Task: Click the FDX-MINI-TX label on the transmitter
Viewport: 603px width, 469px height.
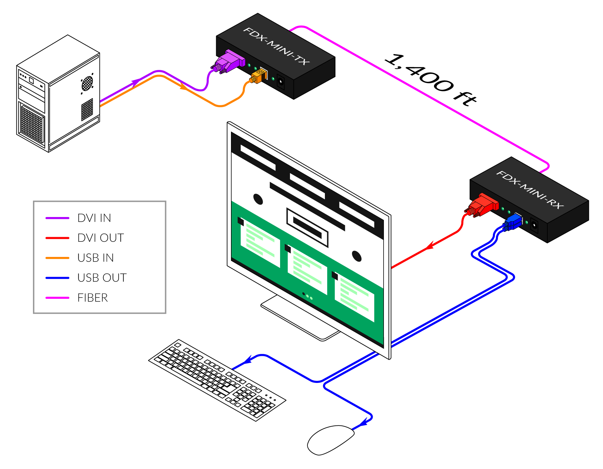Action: point(276,46)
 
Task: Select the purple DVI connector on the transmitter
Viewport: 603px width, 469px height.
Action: point(229,62)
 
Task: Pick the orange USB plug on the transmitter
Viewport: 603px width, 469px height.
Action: point(258,77)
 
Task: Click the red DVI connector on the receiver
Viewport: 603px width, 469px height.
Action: point(483,205)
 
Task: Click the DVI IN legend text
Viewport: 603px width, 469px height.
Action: point(94,218)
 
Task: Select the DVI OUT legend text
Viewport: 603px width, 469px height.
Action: point(100,238)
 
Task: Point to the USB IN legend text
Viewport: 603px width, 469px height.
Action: point(96,258)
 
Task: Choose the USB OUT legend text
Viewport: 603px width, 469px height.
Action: point(102,278)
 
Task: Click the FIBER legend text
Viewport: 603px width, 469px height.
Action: point(93,298)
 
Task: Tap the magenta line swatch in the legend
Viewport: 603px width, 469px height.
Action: point(57,298)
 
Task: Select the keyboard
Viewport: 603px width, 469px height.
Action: point(217,379)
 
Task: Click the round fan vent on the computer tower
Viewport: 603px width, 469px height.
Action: point(87,83)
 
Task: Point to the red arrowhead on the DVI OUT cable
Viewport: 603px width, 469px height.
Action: point(429,246)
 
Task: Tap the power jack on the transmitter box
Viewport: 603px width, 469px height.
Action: point(281,81)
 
